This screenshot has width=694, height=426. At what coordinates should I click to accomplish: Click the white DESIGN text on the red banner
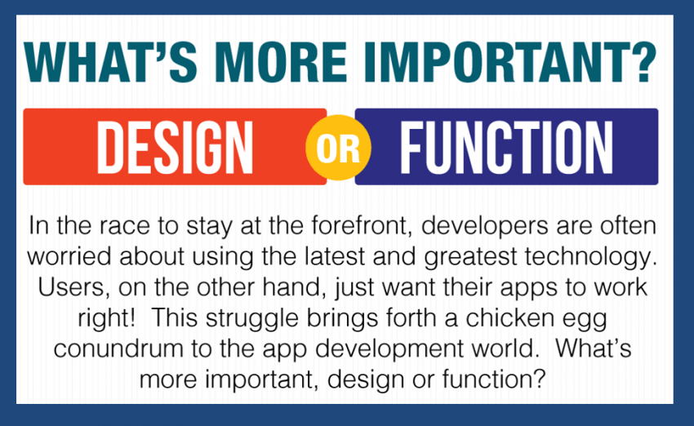[175, 148]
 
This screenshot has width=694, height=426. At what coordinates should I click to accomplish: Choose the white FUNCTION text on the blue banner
[506, 148]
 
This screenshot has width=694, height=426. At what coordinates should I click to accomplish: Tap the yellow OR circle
[338, 148]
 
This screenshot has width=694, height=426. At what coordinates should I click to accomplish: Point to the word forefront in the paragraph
[362, 225]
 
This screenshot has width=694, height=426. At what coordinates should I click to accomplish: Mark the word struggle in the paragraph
[251, 319]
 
